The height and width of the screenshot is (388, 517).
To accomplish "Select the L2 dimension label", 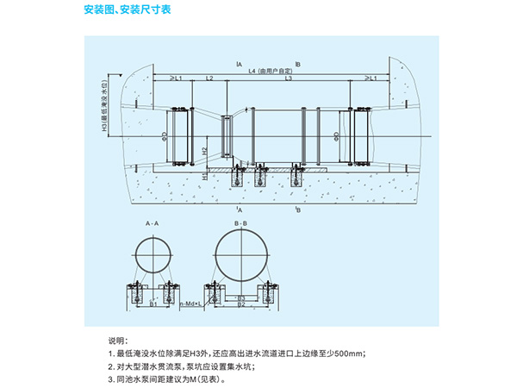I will (x=209, y=78).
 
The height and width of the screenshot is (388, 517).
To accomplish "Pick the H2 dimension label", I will (x=205, y=150).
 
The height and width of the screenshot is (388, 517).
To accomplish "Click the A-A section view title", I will (x=153, y=223).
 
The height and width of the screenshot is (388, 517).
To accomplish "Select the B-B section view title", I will (x=241, y=223).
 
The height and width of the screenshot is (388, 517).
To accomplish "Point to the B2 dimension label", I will (x=242, y=304).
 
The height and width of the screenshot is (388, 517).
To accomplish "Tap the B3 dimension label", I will (x=242, y=297).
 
